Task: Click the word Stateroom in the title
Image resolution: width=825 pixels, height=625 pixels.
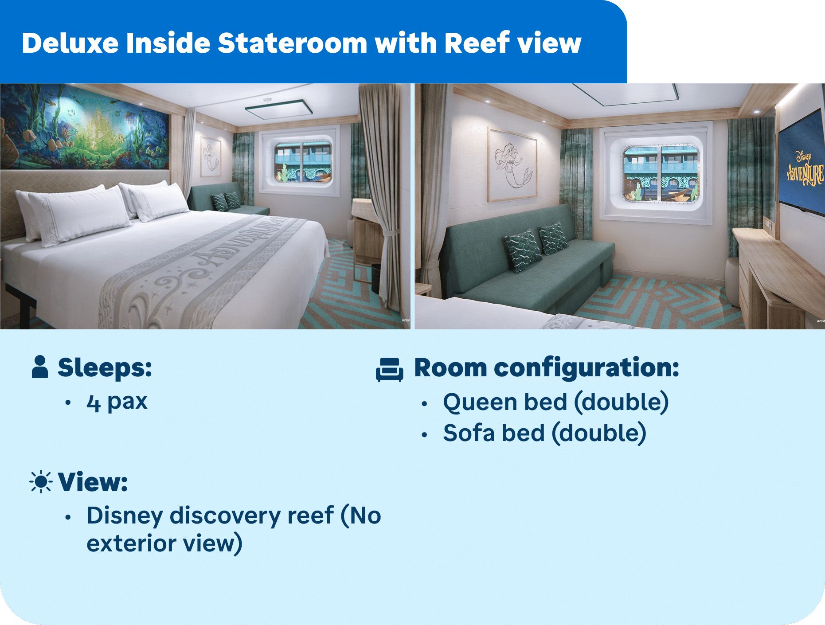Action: point(293,43)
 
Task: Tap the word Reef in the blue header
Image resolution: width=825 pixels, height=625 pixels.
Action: point(477,43)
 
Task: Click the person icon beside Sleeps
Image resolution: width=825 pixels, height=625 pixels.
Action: point(40,367)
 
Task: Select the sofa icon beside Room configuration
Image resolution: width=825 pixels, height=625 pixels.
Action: point(389,369)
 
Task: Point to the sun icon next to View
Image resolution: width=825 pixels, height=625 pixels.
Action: point(41,481)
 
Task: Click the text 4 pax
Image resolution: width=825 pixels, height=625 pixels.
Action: point(117,402)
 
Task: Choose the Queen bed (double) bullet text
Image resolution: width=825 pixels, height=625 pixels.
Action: point(556,402)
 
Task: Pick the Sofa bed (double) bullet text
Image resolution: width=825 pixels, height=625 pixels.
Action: point(545,433)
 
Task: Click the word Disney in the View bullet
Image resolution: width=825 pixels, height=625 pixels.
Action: point(125,516)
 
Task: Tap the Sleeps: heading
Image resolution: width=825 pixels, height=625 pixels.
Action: point(105,367)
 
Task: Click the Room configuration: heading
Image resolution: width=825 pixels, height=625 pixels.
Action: point(547,368)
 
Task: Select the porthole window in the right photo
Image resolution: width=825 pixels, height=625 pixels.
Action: point(661,174)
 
